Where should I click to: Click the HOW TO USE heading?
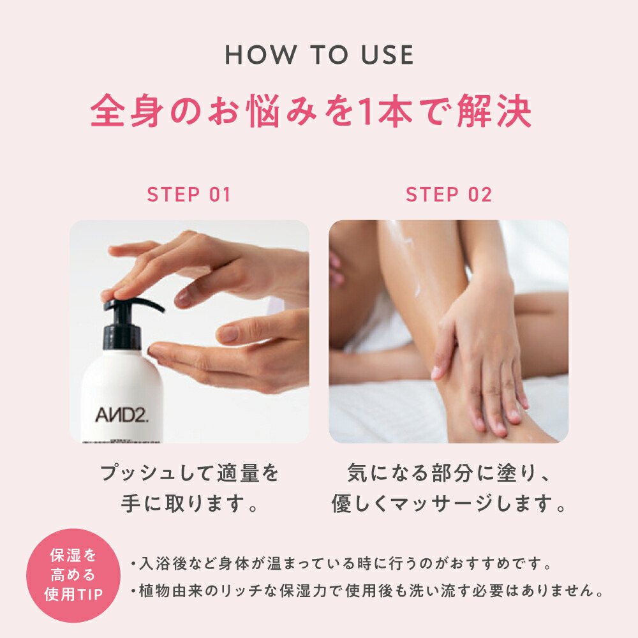(319, 56)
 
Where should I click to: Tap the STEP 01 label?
(189, 195)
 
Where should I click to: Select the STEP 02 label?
(449, 195)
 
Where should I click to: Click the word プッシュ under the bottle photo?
(137, 473)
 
